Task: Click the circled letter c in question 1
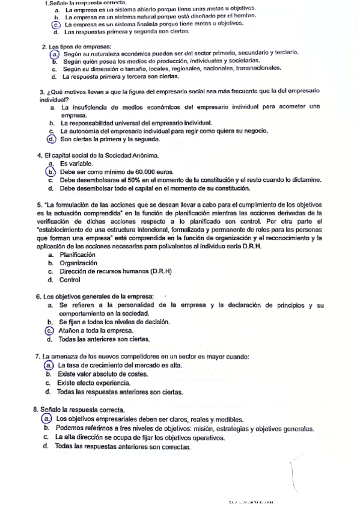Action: click(x=55, y=25)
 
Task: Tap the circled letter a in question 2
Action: click(x=54, y=54)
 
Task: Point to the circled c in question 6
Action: click(x=49, y=330)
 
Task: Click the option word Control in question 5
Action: click(x=70, y=280)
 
